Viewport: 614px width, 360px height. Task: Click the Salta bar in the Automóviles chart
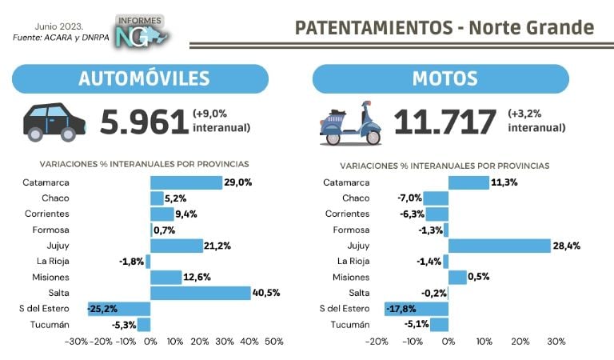(x=201, y=293)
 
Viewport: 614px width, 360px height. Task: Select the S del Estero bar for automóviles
(x=119, y=309)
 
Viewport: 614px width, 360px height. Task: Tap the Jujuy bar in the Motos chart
(x=499, y=246)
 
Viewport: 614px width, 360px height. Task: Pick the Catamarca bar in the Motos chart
(x=468, y=182)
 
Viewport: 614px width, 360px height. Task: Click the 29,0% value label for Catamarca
(x=237, y=182)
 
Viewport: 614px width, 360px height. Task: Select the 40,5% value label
(x=267, y=293)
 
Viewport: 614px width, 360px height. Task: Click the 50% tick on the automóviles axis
(x=273, y=342)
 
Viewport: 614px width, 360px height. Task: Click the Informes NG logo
(x=140, y=31)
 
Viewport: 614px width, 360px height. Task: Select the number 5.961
(x=143, y=122)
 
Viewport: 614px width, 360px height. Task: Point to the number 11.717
(x=445, y=122)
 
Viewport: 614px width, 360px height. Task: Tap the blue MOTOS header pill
(x=441, y=78)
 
